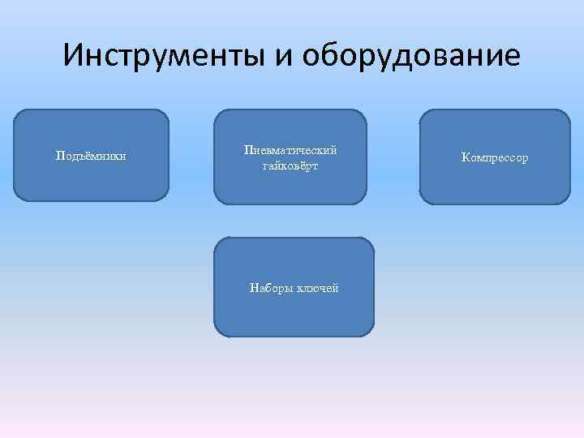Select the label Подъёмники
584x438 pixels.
[x=90, y=155]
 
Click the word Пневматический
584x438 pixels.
[x=290, y=150]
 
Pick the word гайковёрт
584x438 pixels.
[x=290, y=165]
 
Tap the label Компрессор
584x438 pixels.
[x=495, y=157]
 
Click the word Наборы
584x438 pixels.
[x=272, y=288]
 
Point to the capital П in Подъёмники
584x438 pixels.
[x=59, y=155]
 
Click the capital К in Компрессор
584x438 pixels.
[x=466, y=157]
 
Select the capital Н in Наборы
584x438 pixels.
[x=254, y=288]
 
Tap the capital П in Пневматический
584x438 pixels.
[x=247, y=150]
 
